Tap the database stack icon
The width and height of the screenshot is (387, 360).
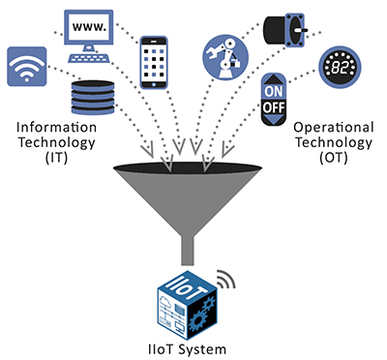(x=92, y=99)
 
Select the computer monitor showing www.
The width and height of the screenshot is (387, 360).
(x=93, y=30)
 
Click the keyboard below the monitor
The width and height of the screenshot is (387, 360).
(x=93, y=63)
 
